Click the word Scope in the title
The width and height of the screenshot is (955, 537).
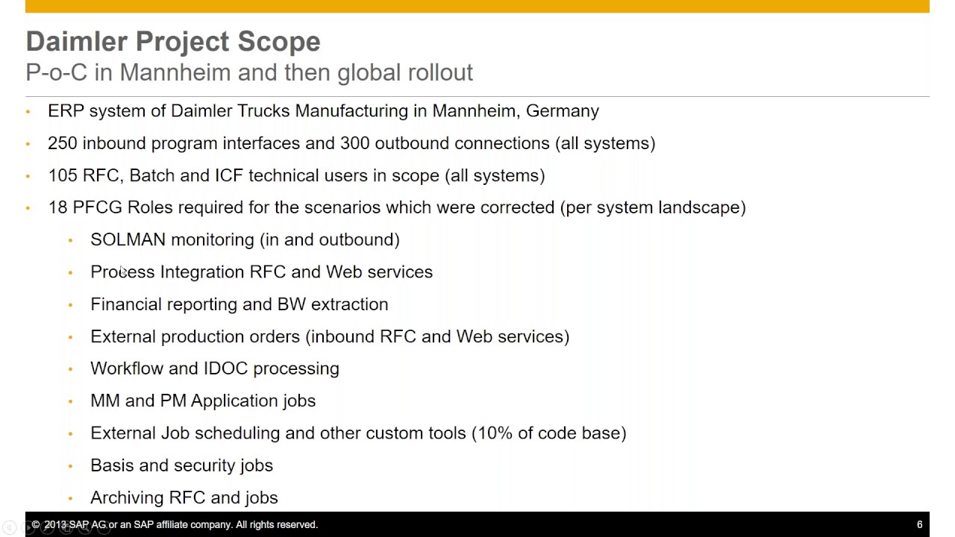279,42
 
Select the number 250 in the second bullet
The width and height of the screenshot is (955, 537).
63,143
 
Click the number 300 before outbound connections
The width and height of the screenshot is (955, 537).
355,143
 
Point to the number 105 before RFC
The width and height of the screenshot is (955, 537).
63,175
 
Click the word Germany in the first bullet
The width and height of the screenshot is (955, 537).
562,111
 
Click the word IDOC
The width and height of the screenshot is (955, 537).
224,368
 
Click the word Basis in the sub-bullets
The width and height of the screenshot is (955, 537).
112,465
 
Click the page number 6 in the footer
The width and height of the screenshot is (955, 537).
920,524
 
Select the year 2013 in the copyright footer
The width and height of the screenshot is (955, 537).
57,525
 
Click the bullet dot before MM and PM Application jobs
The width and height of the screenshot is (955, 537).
71,401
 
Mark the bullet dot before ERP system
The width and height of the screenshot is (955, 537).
28,112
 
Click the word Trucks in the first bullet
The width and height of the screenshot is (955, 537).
263,111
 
